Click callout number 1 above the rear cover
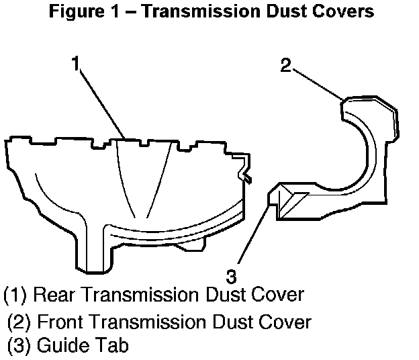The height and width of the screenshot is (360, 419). click(x=77, y=64)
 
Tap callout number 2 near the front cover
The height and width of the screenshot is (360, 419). click(x=286, y=66)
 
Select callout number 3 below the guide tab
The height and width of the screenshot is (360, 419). click(x=231, y=275)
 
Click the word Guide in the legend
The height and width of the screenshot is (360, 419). click(x=58, y=346)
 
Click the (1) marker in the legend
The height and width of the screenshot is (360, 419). click(x=15, y=294)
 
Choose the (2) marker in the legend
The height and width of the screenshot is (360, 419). click(x=19, y=322)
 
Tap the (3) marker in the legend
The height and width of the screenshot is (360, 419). click(x=19, y=346)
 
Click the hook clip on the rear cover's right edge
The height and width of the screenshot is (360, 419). click(x=245, y=169)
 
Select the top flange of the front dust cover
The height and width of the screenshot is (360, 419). click(x=369, y=107)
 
